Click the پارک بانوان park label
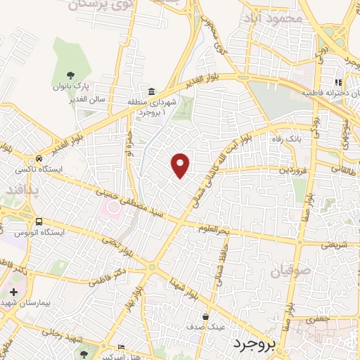pyautogui.click(x=70, y=87)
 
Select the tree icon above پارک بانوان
pyautogui.click(x=70, y=75)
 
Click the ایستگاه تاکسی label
pyautogui.click(x=39, y=170)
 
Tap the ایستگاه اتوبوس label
pyautogui.click(x=39, y=232)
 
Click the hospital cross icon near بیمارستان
pyautogui.click(x=13, y=290)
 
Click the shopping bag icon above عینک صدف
pyautogui.click(x=205, y=316)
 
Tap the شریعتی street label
pyautogui.click(x=335, y=245)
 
